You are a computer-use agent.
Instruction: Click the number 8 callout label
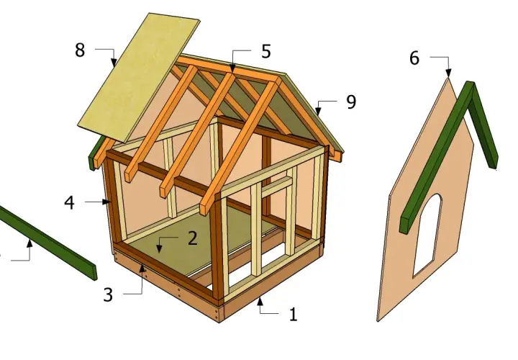pos(80,50)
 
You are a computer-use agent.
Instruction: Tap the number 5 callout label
pos(266,52)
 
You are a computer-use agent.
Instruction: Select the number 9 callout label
pos(351,102)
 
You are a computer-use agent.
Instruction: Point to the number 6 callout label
pos(414,58)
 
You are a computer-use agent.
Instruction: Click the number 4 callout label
pos(69,202)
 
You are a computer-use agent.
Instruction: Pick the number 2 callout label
pos(193,238)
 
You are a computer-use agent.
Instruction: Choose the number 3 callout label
pos(108,294)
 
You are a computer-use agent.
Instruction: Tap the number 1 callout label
pos(294,315)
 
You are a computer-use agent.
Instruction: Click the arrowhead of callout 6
pos(448,73)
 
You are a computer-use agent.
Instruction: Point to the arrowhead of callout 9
pos(318,109)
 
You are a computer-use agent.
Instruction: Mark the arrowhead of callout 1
pos(260,301)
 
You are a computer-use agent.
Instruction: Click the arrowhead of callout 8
pos(114,62)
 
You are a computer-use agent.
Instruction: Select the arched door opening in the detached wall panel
pos(427,235)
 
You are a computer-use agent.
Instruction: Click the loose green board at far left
pos(48,243)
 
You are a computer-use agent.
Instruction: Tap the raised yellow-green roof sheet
pos(139,78)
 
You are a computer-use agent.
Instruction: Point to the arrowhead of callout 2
pos(160,248)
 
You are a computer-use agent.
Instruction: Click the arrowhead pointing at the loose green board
pos(29,243)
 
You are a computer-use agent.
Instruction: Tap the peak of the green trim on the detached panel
pos(471,83)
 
